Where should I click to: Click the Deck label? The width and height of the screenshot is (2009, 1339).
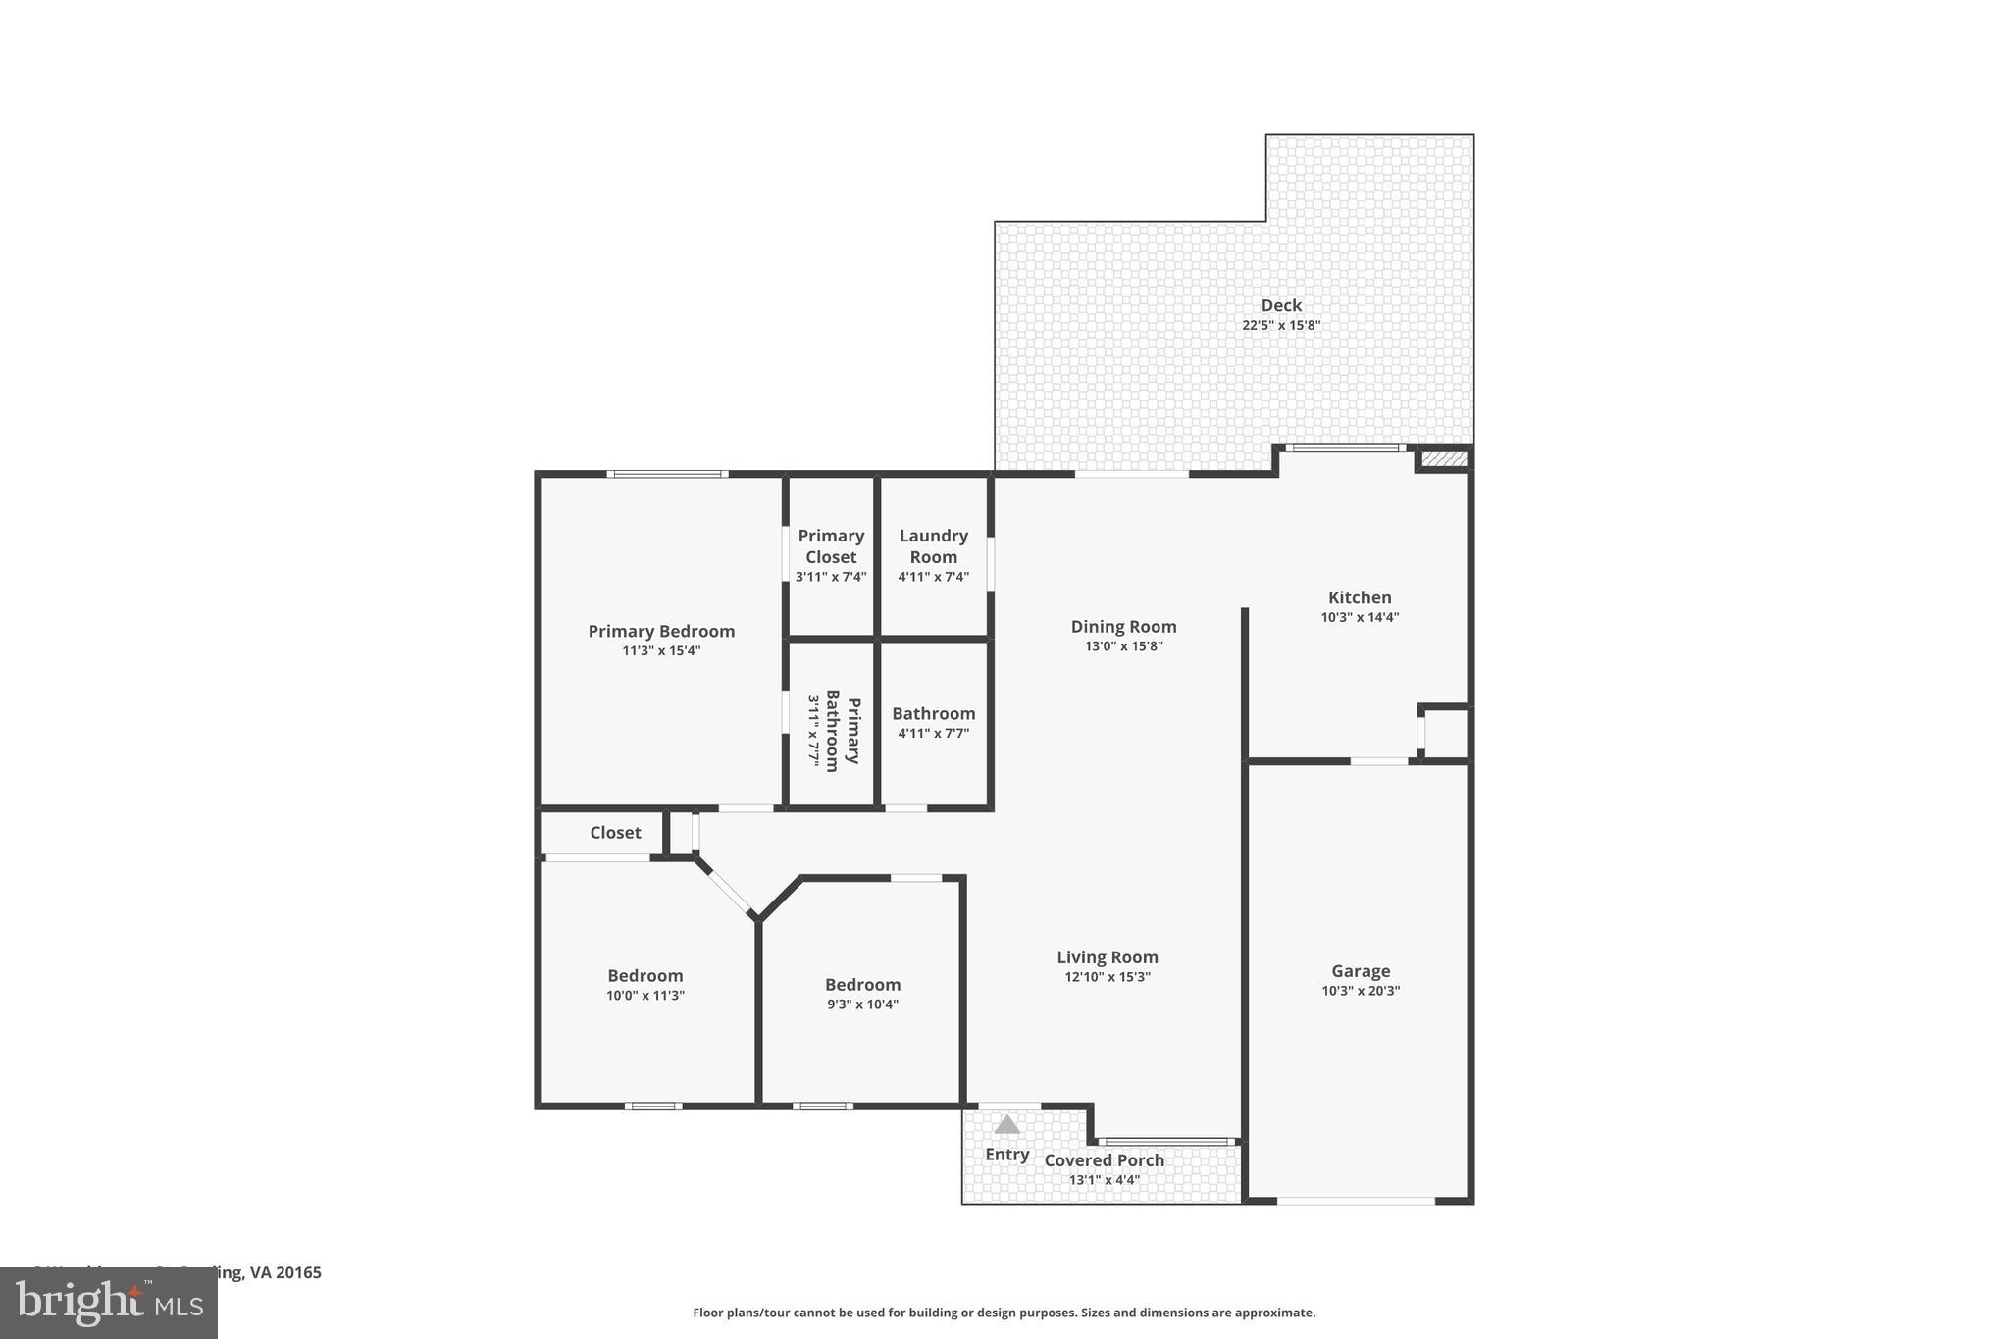1281,305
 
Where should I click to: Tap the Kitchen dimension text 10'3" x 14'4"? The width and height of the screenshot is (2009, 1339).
1360,618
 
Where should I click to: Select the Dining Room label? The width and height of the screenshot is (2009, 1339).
1123,627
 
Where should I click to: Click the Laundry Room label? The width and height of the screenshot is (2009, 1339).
933,546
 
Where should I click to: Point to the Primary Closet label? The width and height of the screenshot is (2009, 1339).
831,546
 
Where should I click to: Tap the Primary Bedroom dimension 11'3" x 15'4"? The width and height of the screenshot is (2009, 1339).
661,651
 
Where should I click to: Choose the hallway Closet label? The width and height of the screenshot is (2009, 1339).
615,833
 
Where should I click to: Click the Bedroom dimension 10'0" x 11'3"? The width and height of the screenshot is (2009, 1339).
644,996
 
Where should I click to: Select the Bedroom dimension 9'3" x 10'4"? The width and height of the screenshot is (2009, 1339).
862,1004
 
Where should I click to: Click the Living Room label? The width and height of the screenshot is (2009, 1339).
1107,957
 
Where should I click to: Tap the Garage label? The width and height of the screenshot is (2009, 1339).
1360,971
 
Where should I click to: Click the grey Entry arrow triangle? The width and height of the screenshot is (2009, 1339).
1007,1125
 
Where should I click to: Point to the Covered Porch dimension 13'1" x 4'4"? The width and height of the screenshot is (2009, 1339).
1104,1180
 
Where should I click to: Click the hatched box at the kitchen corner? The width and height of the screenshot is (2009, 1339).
1443,459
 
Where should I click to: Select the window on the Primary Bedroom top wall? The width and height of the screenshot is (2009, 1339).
667,475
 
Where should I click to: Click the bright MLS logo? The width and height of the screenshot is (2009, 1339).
108,1304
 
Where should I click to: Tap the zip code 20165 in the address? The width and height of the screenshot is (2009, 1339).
298,1272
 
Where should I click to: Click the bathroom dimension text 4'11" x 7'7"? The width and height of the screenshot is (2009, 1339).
933,734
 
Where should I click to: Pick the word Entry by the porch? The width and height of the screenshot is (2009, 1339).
1007,1155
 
